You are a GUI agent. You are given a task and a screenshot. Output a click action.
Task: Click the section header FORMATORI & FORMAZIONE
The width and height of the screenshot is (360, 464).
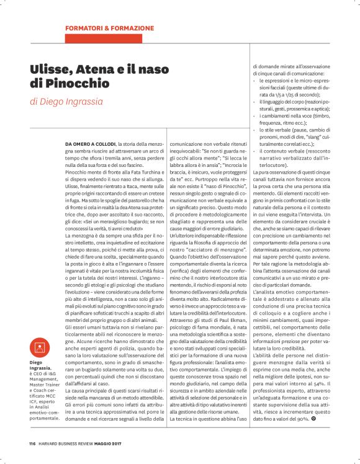[x=109, y=29]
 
